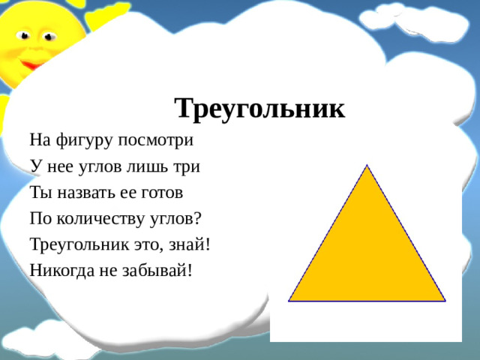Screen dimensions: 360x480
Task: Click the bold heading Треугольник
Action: point(259,109)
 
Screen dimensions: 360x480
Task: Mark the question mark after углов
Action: point(199,218)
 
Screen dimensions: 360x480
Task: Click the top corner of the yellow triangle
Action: point(367,166)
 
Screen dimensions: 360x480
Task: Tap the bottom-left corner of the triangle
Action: point(290,300)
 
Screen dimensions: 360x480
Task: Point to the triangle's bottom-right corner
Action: point(444,300)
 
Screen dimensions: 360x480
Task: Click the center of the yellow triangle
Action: point(367,255)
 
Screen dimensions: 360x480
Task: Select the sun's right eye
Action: point(49,36)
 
